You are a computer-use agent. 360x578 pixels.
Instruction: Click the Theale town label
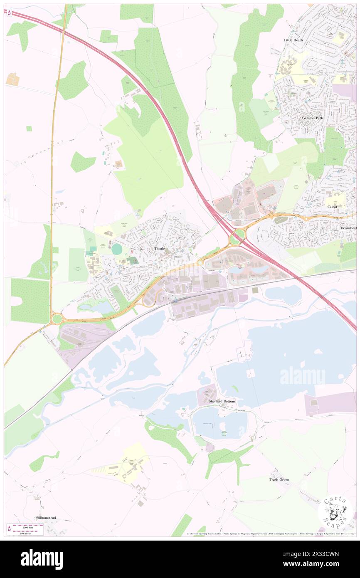[160, 248]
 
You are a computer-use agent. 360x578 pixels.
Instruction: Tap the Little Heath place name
[293, 40]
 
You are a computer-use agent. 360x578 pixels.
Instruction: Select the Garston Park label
[312, 118]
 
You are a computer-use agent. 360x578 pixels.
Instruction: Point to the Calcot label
[332, 207]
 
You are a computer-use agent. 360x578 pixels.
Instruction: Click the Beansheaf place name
[349, 228]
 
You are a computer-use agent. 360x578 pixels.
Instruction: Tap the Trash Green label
[279, 479]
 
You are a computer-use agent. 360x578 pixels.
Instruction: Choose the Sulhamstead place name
[46, 518]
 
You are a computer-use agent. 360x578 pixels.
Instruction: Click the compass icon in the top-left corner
[9, 12]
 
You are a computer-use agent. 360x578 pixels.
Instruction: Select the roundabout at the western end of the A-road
[57, 319]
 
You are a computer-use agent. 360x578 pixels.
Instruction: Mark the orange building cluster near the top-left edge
[12, 79]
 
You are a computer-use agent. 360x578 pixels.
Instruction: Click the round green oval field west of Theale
[117, 249]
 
